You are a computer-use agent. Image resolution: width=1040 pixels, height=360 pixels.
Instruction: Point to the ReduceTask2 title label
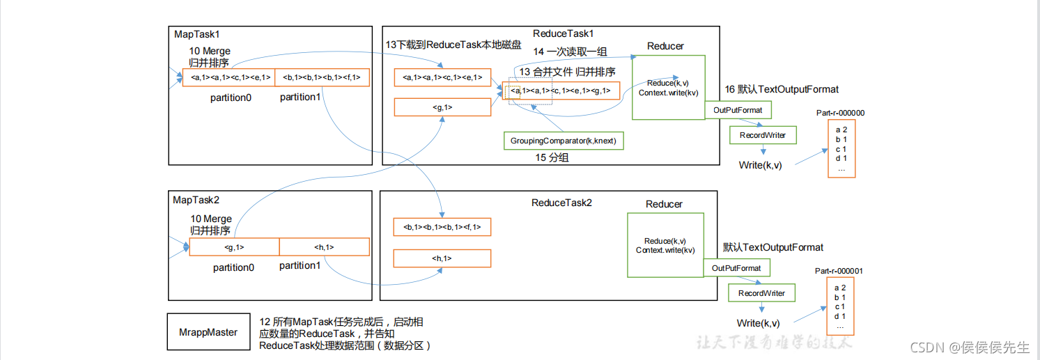pos(561,203)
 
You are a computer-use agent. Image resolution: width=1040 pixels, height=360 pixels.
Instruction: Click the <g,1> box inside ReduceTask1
pos(442,107)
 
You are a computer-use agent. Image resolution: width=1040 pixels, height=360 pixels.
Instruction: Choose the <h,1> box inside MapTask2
pos(324,247)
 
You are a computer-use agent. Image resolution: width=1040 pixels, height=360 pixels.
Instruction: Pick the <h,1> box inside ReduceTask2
pos(442,259)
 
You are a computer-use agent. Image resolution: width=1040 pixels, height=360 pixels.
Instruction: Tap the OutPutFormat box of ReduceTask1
pos(738,110)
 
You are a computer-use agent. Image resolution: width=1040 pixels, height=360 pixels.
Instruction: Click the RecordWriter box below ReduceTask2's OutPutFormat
pos(761,293)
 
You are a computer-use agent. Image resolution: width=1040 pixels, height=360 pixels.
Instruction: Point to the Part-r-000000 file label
pos(841,113)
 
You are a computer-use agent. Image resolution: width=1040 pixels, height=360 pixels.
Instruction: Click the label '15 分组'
pos(552,158)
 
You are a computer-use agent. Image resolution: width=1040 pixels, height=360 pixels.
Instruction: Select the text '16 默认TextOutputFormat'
pos(782,89)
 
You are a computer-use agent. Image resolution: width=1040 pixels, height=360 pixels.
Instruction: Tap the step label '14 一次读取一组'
pos(570,52)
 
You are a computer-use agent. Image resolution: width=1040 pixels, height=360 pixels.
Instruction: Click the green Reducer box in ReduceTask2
pos(665,245)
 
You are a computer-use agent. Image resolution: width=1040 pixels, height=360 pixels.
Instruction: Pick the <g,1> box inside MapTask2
pos(234,247)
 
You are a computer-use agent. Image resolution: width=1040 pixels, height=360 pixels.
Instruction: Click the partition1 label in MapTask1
pos(300,97)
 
